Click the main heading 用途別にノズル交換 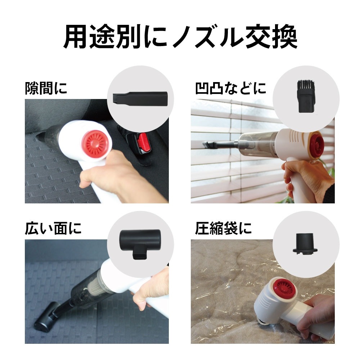point(180,37)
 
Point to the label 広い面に point(53,229)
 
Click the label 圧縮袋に point(223,229)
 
